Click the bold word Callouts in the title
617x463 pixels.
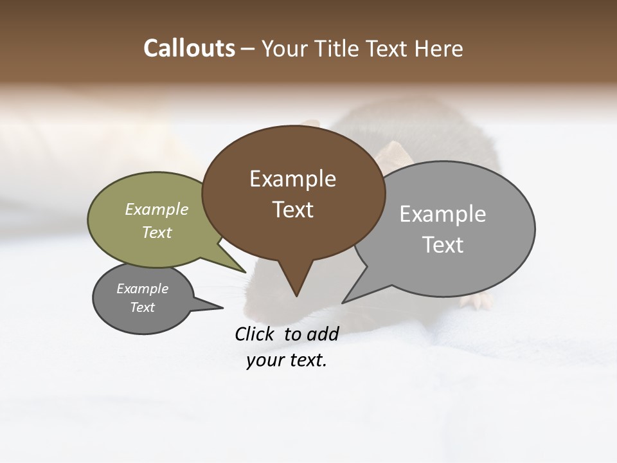(189, 48)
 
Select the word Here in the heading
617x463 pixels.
(438, 48)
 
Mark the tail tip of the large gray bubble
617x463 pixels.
(344, 302)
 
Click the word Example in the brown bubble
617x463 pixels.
(292, 179)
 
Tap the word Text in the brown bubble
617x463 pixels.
(293, 210)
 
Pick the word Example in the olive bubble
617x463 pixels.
(157, 210)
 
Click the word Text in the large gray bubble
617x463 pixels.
(443, 245)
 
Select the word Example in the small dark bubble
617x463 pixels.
(142, 289)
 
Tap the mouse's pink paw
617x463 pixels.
(481, 301)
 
